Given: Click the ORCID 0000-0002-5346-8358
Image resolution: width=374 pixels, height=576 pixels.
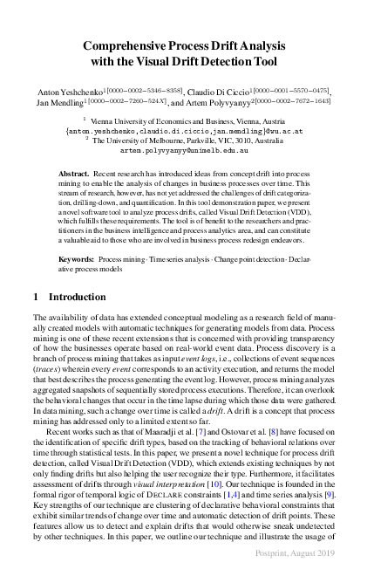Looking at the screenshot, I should click(147, 88).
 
